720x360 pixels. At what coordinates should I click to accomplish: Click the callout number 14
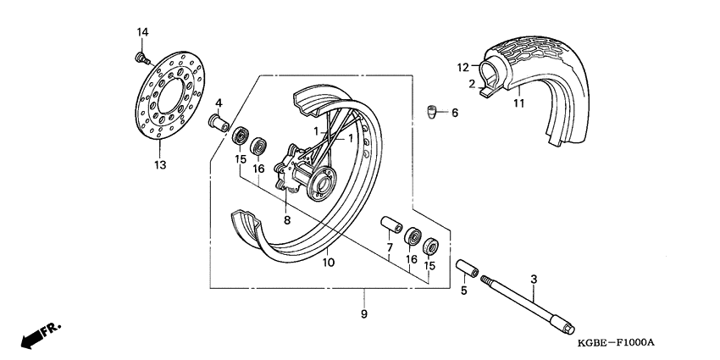(143, 32)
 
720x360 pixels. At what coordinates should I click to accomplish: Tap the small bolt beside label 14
(141, 58)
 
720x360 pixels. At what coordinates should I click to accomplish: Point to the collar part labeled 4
(221, 124)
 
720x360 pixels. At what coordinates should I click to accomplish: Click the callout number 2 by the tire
(471, 83)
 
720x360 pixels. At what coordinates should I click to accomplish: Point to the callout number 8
(286, 220)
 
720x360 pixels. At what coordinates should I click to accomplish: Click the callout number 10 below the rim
(328, 263)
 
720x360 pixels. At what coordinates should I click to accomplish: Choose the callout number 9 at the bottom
(363, 315)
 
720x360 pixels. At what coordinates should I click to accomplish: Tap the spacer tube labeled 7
(390, 226)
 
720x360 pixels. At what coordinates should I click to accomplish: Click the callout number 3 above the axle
(534, 279)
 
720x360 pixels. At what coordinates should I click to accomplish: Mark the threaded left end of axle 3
(489, 281)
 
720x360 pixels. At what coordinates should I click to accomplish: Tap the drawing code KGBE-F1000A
(618, 343)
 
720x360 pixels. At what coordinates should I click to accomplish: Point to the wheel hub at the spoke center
(324, 180)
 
